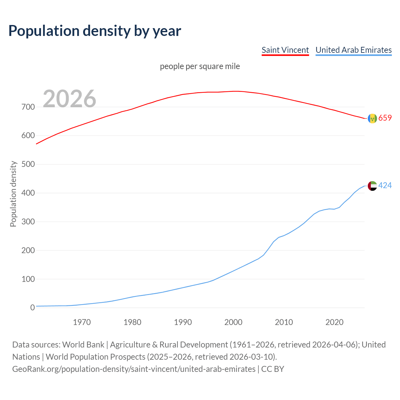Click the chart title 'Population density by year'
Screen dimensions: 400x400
point(95,31)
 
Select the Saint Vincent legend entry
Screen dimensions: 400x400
point(285,50)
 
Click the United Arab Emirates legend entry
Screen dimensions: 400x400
point(353,50)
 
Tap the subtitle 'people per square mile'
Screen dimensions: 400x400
point(200,66)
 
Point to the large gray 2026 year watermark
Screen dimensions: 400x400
point(69,99)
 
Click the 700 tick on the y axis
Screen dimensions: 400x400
point(28,107)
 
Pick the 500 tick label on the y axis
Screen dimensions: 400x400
point(28,164)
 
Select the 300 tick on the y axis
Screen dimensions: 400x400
point(28,222)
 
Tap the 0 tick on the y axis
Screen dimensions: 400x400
point(32,308)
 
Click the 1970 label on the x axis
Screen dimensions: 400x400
point(82,322)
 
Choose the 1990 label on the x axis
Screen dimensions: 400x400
point(183,322)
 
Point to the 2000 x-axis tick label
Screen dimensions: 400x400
point(233,322)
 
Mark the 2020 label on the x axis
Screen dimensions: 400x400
point(334,322)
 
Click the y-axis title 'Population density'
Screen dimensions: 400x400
point(13,194)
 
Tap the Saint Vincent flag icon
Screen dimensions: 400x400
point(372,118)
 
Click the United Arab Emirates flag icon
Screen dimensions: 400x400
point(372,186)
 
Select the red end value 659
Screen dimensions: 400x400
point(385,118)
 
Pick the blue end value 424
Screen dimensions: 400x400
point(385,186)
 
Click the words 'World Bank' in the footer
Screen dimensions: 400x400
point(83,345)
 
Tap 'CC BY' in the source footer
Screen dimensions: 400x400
point(272,369)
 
